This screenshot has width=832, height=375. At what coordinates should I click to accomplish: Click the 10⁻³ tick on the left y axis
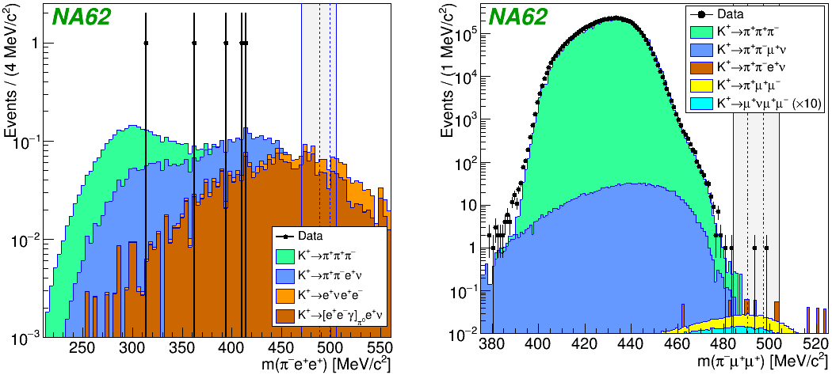(x=24, y=338)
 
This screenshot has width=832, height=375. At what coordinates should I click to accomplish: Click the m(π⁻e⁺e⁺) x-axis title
(x=318, y=365)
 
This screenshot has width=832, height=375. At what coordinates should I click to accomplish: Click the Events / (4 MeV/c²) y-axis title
(x=11, y=87)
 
